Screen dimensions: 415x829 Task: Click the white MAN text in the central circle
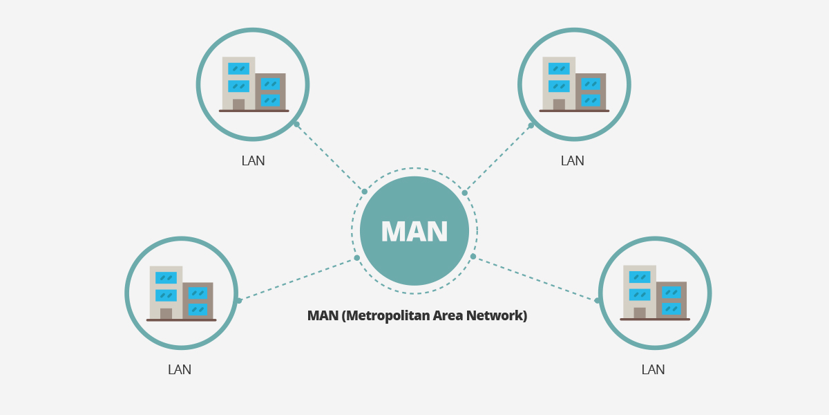point(414,232)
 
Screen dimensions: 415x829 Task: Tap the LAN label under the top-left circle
point(253,161)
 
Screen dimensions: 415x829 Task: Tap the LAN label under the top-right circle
point(572,161)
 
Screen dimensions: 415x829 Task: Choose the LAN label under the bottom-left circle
point(180,370)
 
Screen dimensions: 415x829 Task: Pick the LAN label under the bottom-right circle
point(653,370)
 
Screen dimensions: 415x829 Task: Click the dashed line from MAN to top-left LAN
point(330,158)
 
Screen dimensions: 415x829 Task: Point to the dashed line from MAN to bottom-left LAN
point(298,279)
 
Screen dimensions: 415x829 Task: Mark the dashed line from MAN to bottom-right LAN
point(535,279)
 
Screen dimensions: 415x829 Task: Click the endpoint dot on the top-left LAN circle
point(296,124)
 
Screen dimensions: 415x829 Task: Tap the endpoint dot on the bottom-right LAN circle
point(598,300)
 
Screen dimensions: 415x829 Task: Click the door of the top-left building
point(238,104)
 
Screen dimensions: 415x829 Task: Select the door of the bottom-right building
point(640,313)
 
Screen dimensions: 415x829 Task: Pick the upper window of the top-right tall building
point(559,68)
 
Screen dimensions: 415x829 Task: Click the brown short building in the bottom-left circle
point(198,301)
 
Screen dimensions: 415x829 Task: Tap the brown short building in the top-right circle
point(591,91)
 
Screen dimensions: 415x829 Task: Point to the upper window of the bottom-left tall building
point(166,277)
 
